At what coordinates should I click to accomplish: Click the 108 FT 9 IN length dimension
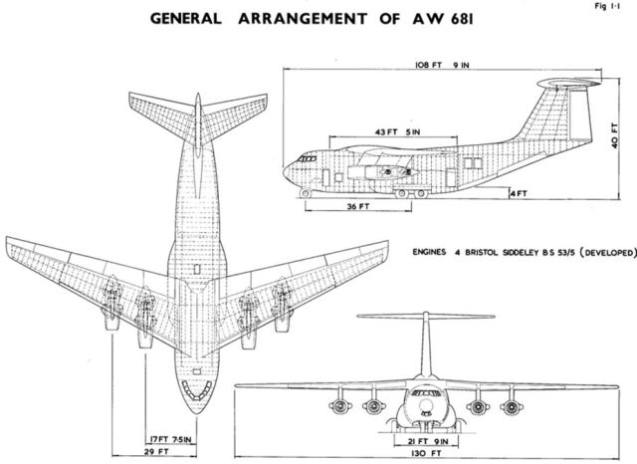tap(442, 65)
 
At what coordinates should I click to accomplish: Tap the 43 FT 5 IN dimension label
tap(398, 132)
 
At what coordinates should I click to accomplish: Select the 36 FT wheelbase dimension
tap(358, 206)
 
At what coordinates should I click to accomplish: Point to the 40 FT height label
tap(614, 135)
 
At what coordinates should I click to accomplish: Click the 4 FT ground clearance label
tap(519, 194)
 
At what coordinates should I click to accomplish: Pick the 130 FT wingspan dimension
tap(427, 453)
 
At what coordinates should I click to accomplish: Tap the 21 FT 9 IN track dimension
tap(427, 441)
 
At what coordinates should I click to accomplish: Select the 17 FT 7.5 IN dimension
tap(170, 440)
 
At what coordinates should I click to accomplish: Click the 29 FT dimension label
tap(156, 451)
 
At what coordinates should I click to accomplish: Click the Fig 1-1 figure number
tap(607, 6)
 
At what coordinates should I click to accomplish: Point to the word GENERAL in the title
tap(186, 19)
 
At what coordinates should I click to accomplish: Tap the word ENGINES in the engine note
tap(429, 252)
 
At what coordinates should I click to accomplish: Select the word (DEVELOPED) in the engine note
tap(607, 252)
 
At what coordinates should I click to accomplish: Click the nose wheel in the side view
tap(306, 193)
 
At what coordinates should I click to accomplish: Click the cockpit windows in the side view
tap(308, 158)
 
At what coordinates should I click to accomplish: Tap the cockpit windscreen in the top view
tap(197, 389)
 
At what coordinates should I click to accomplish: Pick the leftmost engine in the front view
tap(339, 405)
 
